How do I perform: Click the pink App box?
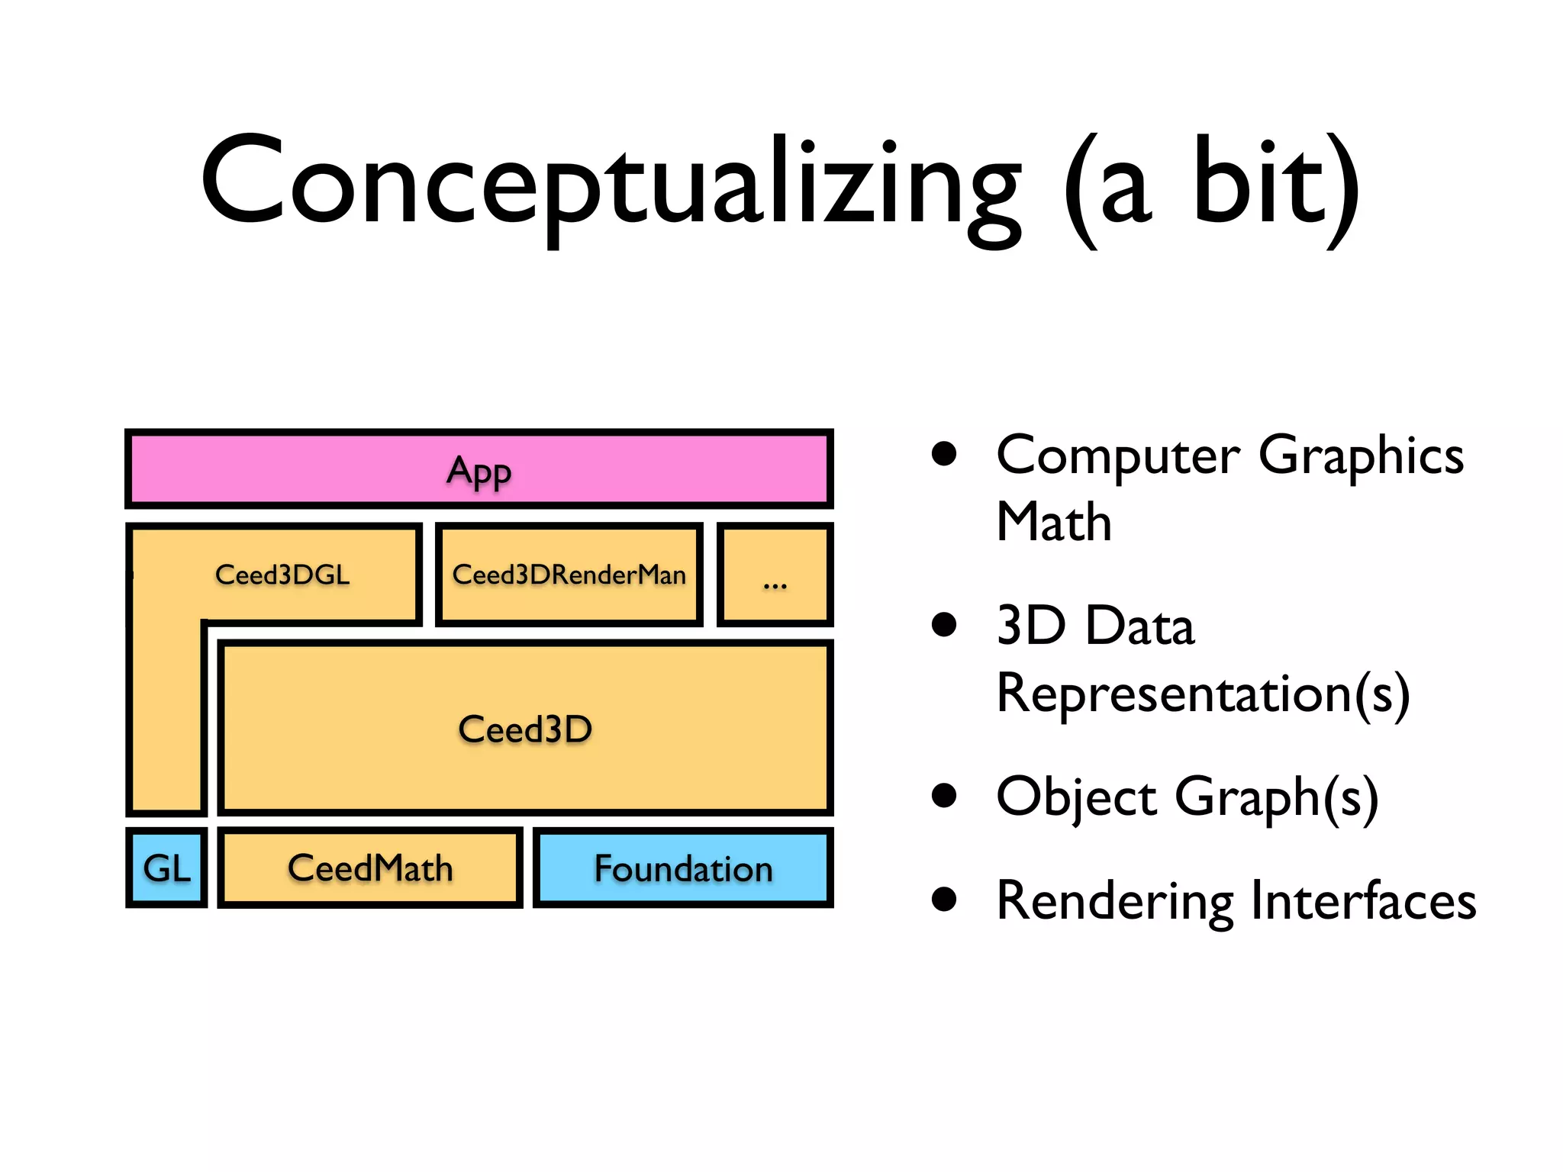[479, 469]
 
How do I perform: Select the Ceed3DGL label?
[282, 575]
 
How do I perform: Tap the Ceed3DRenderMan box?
[569, 575]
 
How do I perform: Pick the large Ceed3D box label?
[525, 729]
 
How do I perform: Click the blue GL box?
[166, 868]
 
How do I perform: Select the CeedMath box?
[370, 868]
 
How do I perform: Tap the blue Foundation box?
[683, 868]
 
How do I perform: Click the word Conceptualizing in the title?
[611, 183]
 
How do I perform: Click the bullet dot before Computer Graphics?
[944, 454]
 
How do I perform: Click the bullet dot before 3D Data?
[944, 625]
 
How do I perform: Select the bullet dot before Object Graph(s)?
[944, 796]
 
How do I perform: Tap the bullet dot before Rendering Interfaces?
[944, 900]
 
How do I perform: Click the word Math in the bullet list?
[1054, 523]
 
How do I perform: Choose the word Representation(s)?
[1203, 694]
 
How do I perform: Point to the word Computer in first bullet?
[1118, 456]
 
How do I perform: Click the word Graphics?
[1361, 456]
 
